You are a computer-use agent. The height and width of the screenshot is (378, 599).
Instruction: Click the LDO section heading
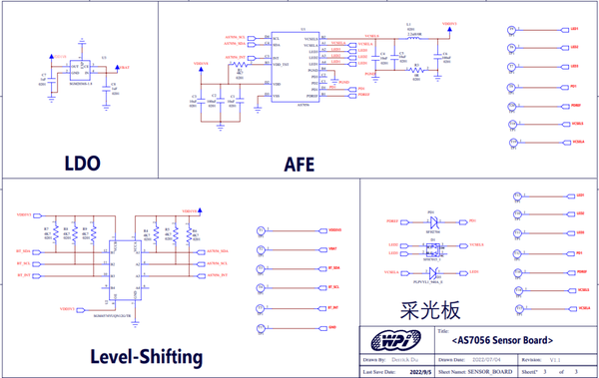click(x=79, y=164)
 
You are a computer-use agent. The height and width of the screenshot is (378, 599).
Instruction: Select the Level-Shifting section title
click(x=147, y=356)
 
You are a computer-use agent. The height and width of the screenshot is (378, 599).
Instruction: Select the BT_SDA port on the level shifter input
click(x=29, y=250)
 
